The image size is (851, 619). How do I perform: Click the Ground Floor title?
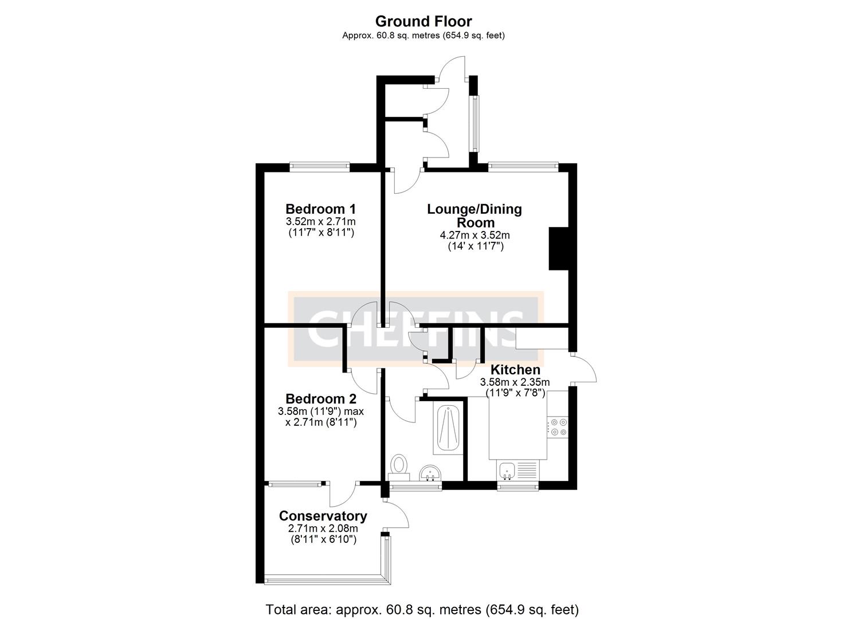click(x=423, y=21)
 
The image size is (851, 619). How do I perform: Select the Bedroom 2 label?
click(x=321, y=399)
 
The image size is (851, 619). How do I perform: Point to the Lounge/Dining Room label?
click(x=474, y=216)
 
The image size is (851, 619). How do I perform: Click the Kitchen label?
click(x=515, y=370)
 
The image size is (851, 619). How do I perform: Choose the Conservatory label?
click(x=323, y=516)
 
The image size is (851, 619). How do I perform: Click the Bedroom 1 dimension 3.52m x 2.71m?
click(x=320, y=221)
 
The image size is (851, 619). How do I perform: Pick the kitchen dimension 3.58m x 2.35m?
click(x=515, y=382)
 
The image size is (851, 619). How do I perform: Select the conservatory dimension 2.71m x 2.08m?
click(x=323, y=528)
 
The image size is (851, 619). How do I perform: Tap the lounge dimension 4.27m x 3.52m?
click(x=474, y=235)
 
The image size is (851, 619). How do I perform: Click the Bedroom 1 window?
click(x=319, y=167)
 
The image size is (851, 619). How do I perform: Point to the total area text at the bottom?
click(x=422, y=609)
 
